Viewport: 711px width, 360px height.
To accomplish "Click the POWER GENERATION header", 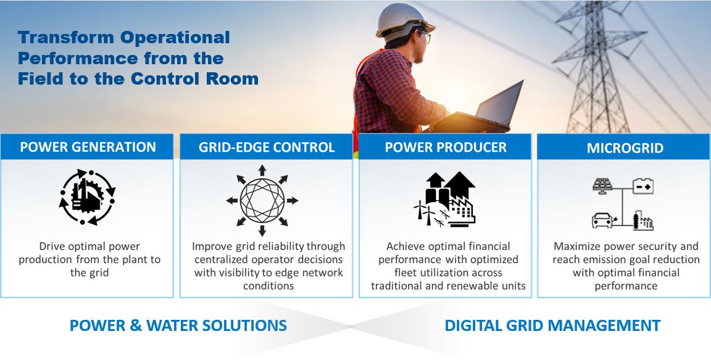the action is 88,147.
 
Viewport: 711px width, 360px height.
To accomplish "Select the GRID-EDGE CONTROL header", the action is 267,147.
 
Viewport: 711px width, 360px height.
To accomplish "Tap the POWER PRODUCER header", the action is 446,147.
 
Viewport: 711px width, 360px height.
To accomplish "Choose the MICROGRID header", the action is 625,148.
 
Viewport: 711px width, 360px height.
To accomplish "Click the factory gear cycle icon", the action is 87,197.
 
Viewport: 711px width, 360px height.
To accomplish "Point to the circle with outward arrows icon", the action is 262,201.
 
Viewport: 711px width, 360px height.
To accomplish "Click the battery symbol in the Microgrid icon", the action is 643,186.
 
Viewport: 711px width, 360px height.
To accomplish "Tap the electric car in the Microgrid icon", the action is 602,221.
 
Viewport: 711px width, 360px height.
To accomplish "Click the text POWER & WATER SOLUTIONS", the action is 178,325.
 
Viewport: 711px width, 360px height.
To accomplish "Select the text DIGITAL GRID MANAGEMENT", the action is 552,325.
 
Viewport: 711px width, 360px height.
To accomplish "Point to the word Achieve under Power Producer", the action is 403,246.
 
